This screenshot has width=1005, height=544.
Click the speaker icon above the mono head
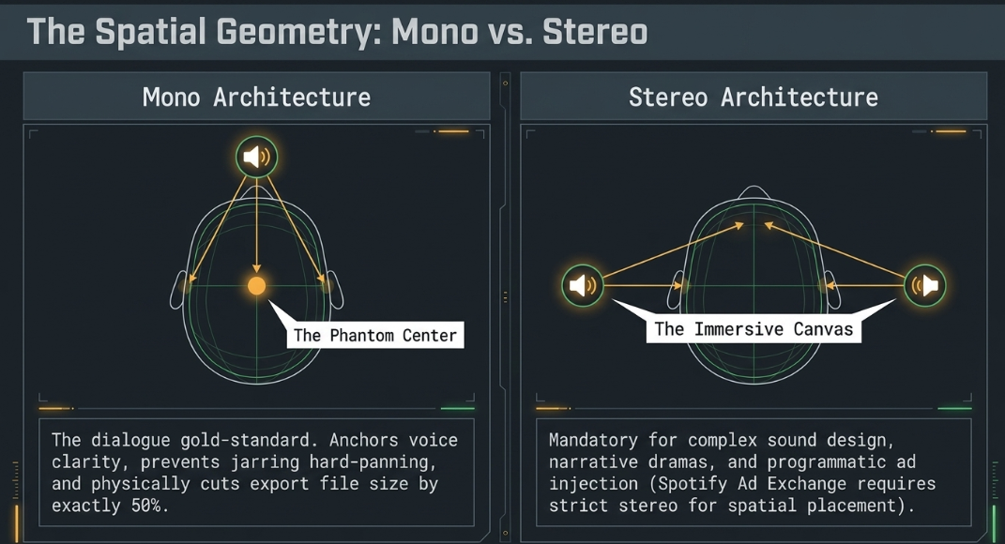256,157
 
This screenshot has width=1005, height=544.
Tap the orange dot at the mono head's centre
256,286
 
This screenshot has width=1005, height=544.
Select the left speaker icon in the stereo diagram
583,285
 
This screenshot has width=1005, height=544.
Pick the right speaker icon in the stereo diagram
925,285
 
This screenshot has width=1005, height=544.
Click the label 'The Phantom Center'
375,335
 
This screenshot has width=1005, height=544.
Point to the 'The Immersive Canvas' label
754,329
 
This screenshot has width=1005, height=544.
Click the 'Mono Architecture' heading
256,98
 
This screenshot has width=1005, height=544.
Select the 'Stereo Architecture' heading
754,98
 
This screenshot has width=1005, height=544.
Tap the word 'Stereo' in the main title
595,32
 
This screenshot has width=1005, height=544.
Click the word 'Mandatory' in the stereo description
593,440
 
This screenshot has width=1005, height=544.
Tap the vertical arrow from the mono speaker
256,225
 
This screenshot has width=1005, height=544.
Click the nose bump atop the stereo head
754,193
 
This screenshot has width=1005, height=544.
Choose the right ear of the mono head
335,290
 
